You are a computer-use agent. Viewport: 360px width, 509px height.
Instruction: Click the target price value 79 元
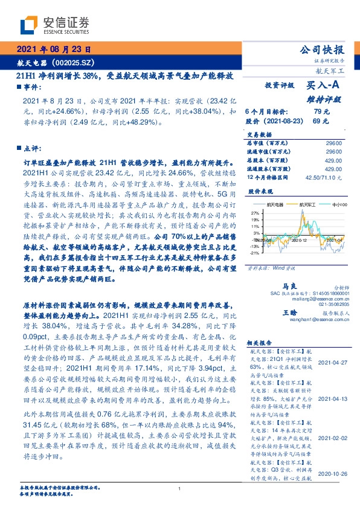[x=321, y=112]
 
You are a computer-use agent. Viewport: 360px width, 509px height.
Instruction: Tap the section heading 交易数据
[x=260, y=134]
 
